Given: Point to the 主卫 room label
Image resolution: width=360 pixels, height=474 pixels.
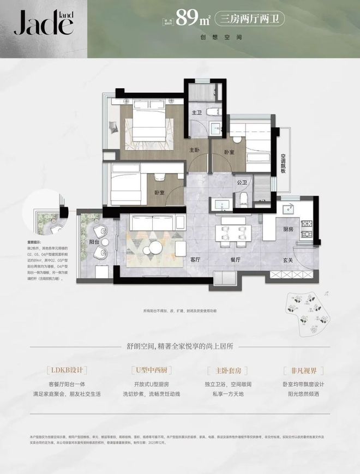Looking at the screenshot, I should click(197, 113).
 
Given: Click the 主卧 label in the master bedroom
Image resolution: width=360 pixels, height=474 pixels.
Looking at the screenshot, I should click(194, 150).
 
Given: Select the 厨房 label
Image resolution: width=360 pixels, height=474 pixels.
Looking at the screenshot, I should click(289, 230).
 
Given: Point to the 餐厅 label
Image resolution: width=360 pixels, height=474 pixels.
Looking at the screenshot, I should click(236, 261).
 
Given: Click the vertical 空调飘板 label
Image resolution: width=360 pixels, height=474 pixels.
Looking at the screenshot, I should click(284, 162).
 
